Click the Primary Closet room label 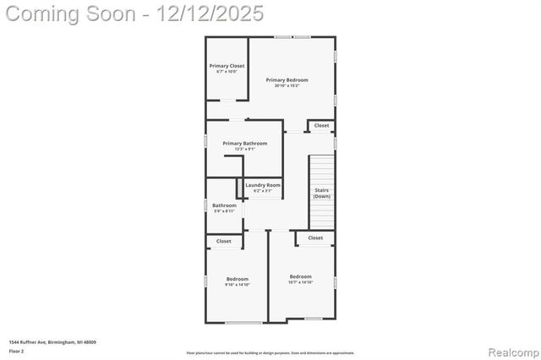pyautogui.click(x=227, y=65)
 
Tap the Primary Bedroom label pyautogui.click(x=287, y=80)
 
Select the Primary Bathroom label pyautogui.click(x=244, y=144)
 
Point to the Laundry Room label pyautogui.click(x=263, y=185)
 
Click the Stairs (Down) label pyautogui.click(x=322, y=193)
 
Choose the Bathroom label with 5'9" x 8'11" pyautogui.click(x=224, y=205)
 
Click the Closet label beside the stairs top pyautogui.click(x=321, y=126)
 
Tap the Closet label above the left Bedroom pyautogui.click(x=223, y=242)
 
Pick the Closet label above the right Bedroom pyautogui.click(x=314, y=238)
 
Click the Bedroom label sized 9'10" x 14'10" pyautogui.click(x=237, y=279)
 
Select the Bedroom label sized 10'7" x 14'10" pyautogui.click(x=300, y=276)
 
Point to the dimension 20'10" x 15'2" pyautogui.click(x=287, y=86)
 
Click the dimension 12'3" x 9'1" pyautogui.click(x=244, y=150)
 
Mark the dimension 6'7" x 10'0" pyautogui.click(x=227, y=72)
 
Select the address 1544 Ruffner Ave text pyautogui.click(x=52, y=342)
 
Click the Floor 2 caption pyautogui.click(x=17, y=350)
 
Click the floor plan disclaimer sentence pyautogui.click(x=270, y=353)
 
